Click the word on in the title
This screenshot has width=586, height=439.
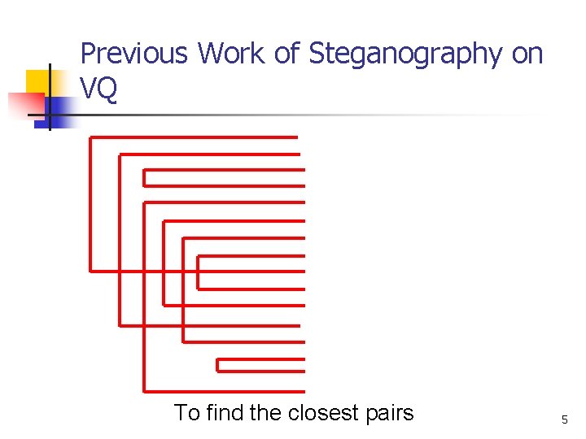coord(527,54)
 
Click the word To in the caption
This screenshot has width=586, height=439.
coord(186,413)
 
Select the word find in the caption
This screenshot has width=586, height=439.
coord(224,413)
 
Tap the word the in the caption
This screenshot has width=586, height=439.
coord(265,413)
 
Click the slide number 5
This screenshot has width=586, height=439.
coord(564,419)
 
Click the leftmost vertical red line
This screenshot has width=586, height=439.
coord(90,203)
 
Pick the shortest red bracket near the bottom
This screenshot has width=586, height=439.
coord(260,364)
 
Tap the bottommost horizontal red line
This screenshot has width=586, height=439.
coord(224,391)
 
